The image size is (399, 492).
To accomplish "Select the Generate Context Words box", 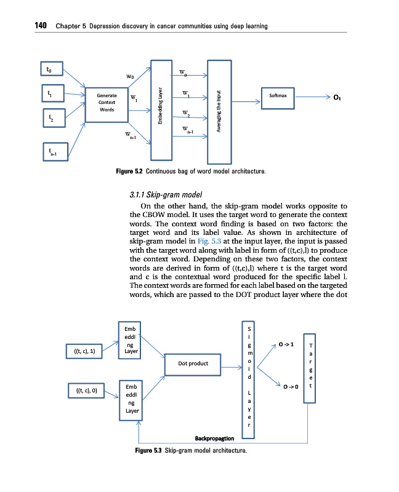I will tap(107, 103).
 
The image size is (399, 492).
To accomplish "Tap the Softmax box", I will tap(278, 97).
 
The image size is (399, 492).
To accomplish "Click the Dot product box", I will tap(193, 363).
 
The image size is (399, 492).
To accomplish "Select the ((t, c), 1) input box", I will tap(85, 351).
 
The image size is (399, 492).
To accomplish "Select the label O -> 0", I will tap(291, 387).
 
